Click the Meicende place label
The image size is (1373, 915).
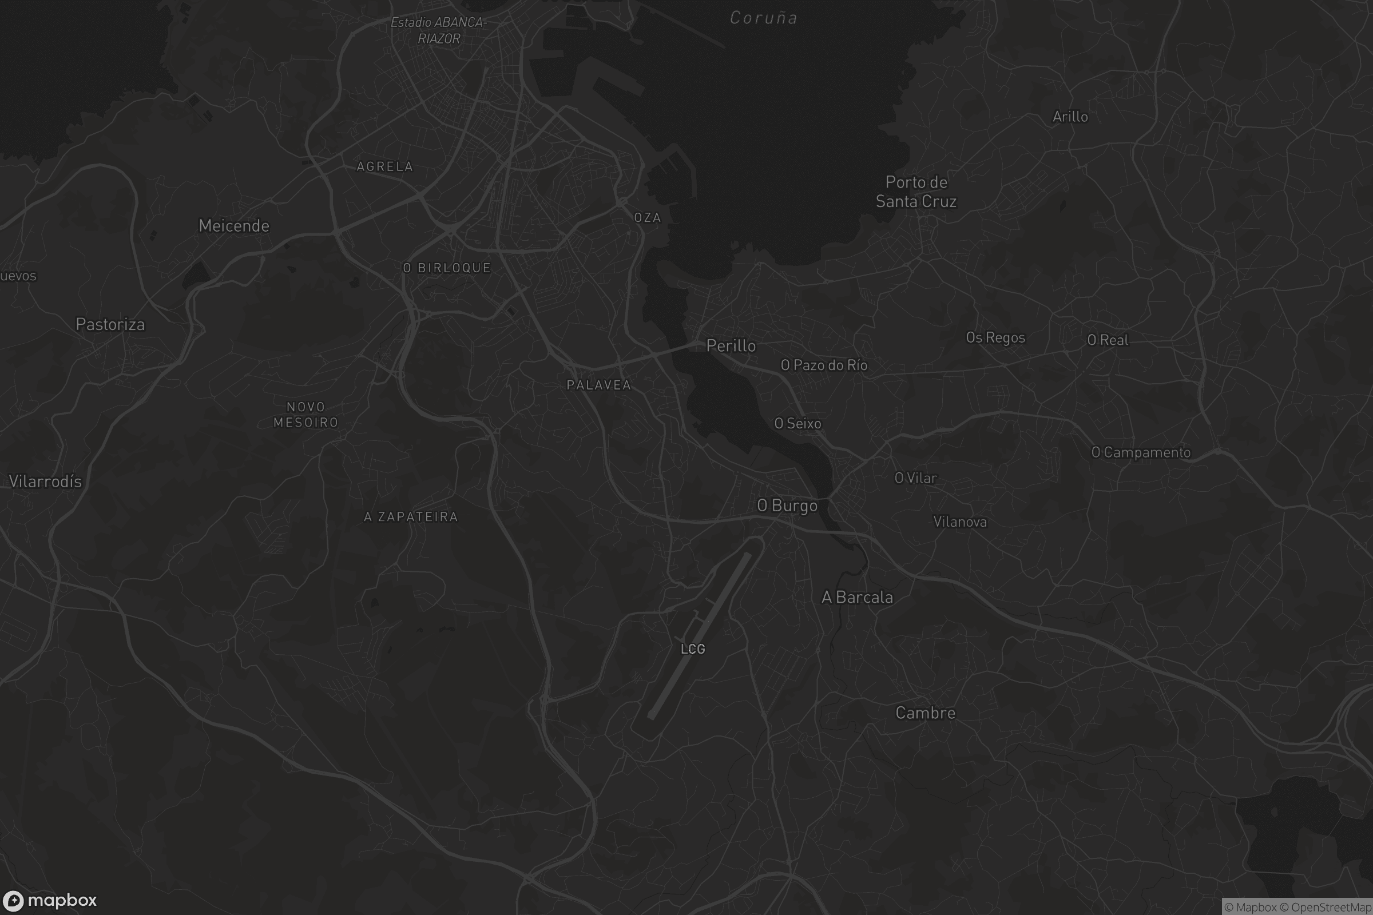coord(233,226)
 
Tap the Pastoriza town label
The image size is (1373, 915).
coord(110,324)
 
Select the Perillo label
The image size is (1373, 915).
coord(731,346)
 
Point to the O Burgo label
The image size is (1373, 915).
coord(787,506)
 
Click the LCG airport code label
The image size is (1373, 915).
coord(693,649)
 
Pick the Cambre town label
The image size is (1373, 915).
coord(925,713)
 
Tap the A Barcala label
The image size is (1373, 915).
coord(857,598)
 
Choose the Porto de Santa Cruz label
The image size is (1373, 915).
coord(916,192)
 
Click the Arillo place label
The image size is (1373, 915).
coord(1070,117)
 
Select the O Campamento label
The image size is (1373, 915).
coord(1141,452)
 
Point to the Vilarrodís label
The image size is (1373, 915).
coord(46,482)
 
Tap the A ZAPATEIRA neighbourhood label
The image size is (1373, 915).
coord(411,516)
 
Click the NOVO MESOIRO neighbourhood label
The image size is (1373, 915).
coord(306,414)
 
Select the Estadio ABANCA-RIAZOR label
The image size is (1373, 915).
coord(439,30)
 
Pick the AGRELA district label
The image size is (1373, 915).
coord(384,167)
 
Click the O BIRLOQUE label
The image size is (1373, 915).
coord(447,268)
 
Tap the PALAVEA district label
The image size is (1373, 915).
coord(599,385)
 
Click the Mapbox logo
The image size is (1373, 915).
coord(50,900)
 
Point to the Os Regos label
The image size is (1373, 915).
coord(995,338)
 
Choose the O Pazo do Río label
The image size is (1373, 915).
coord(824,365)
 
